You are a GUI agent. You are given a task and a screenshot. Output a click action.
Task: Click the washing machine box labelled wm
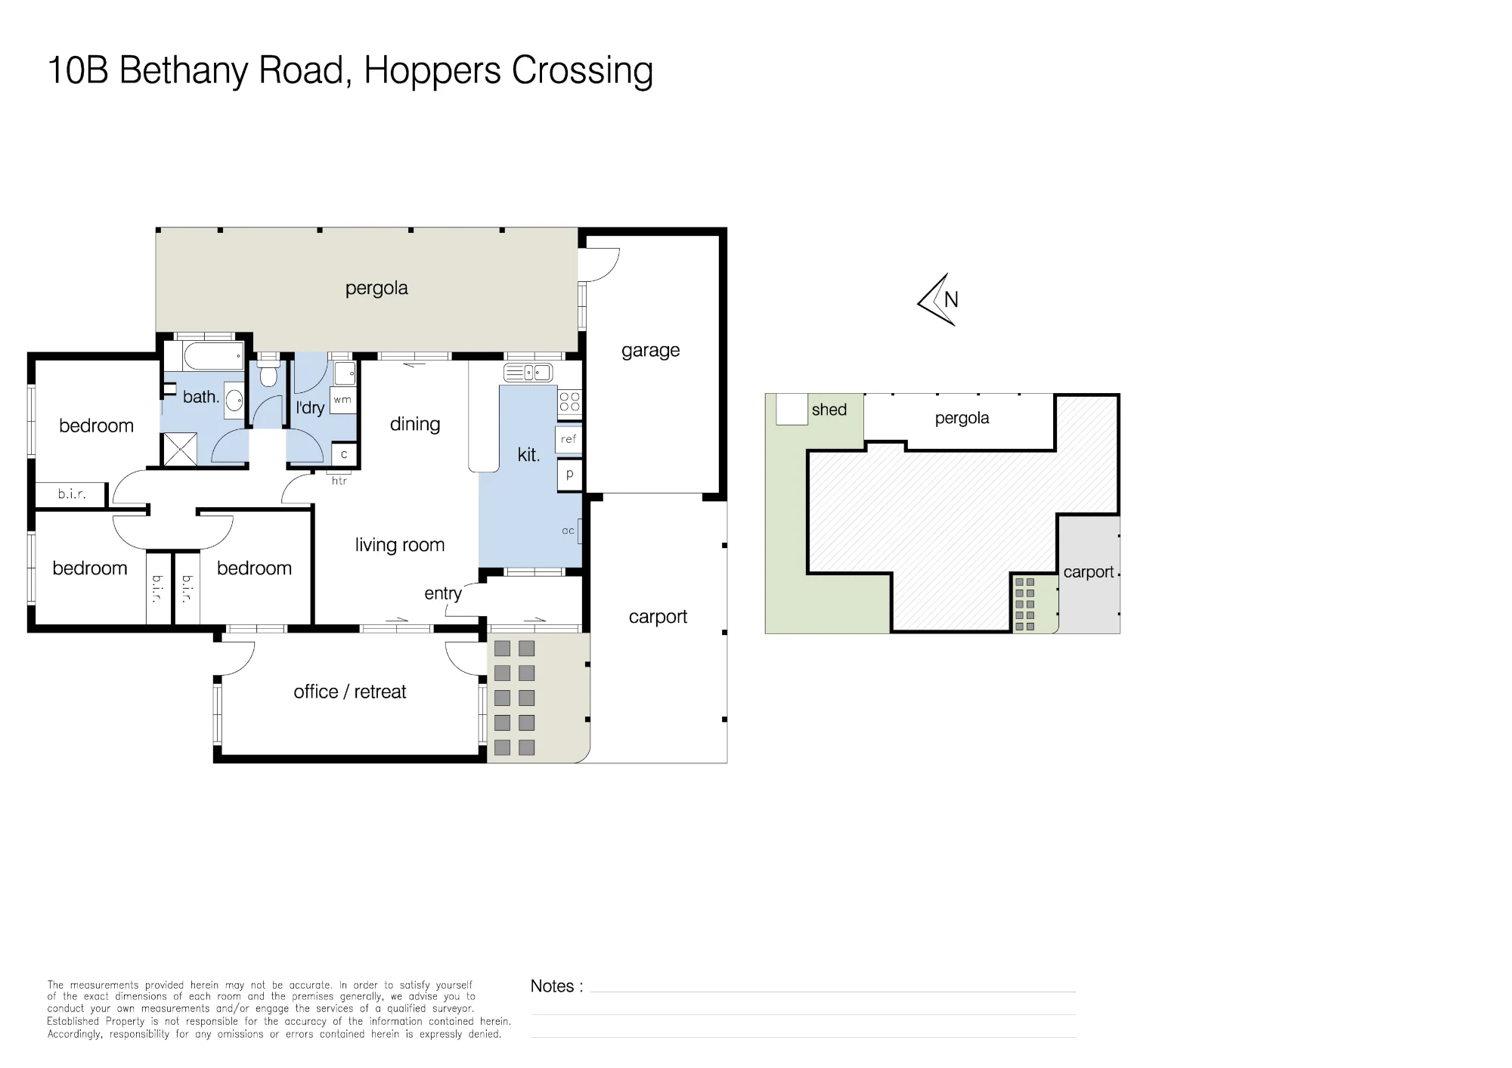point(342,399)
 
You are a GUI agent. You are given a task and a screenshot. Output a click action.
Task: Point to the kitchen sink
point(528,373)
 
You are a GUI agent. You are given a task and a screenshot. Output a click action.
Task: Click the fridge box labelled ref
point(569,439)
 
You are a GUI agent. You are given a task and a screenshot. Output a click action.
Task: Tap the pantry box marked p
point(569,475)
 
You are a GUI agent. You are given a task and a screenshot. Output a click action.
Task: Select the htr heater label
point(339,481)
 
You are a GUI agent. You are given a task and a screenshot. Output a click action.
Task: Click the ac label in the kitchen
point(569,531)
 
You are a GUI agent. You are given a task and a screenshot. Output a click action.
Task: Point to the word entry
point(443,593)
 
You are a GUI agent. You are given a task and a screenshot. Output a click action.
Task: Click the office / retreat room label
point(350,692)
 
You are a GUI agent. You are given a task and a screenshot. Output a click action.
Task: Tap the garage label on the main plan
point(651,351)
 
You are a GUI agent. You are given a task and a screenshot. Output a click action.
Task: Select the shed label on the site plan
point(829,410)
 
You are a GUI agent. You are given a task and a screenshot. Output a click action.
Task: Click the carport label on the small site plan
point(1089,572)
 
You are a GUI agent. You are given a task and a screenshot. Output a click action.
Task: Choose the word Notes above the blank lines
point(553,986)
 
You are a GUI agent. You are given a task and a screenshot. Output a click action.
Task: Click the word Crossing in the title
point(582,71)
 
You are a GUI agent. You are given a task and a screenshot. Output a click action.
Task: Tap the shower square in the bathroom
point(179,448)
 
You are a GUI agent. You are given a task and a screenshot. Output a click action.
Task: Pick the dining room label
point(415,425)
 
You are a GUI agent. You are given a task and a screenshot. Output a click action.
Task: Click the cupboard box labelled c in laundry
point(344,454)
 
